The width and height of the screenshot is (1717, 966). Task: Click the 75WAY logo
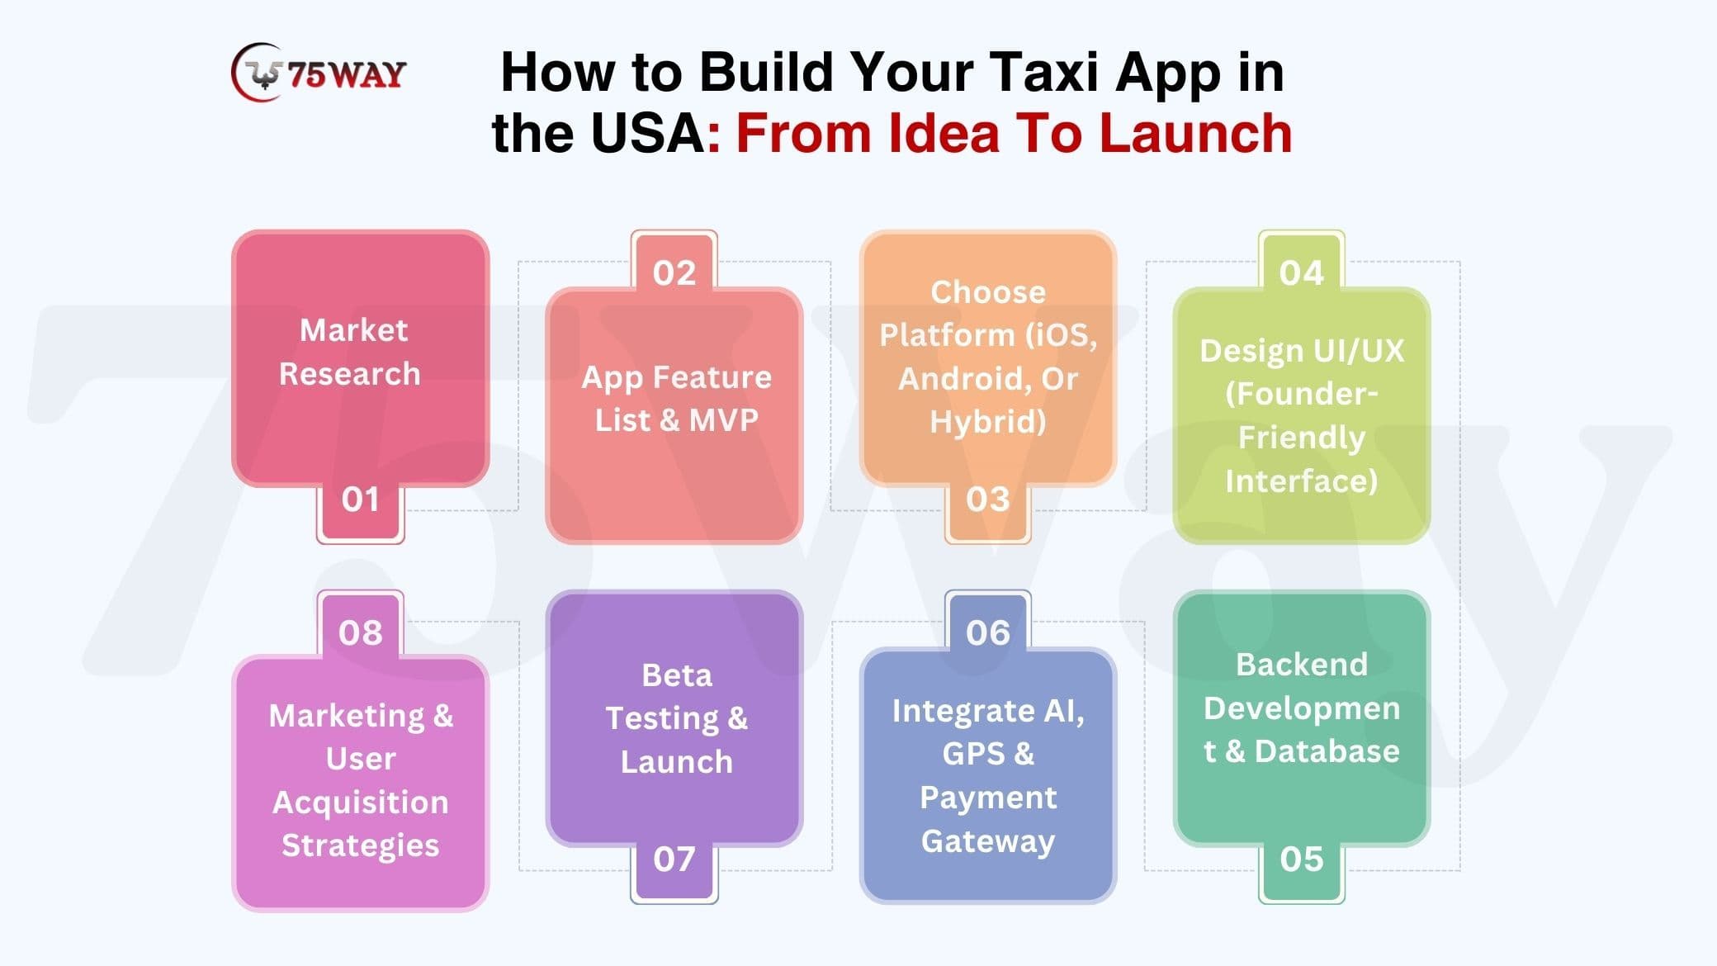pyautogui.click(x=319, y=73)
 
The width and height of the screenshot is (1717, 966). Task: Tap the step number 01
pyautogui.click(x=361, y=500)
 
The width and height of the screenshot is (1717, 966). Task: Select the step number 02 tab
pyautogui.click(x=674, y=272)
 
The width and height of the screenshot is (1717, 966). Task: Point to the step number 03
pyautogui.click(x=988, y=500)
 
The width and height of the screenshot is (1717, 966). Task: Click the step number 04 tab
pyautogui.click(x=1302, y=272)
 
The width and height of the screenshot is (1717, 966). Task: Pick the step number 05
pyautogui.click(x=1302, y=859)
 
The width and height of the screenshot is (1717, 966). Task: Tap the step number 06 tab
pyautogui.click(x=988, y=632)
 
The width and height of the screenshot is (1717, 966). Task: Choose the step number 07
pyautogui.click(x=674, y=859)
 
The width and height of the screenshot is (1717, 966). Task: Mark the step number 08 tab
pyautogui.click(x=361, y=632)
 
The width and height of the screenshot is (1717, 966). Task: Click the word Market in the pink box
pyautogui.click(x=353, y=330)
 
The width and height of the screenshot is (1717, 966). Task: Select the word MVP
pyautogui.click(x=723, y=420)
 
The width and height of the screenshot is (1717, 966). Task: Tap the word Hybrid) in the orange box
pyautogui.click(x=988, y=422)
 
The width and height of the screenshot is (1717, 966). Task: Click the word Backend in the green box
pyautogui.click(x=1302, y=665)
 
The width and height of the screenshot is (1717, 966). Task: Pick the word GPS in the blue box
pyautogui.click(x=974, y=754)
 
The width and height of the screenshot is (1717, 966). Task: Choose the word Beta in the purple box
pyautogui.click(x=677, y=675)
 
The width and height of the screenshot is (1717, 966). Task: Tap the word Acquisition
pyautogui.click(x=361, y=803)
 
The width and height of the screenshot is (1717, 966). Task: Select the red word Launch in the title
pyautogui.click(x=1195, y=134)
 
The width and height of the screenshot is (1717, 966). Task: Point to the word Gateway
pyautogui.click(x=988, y=842)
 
